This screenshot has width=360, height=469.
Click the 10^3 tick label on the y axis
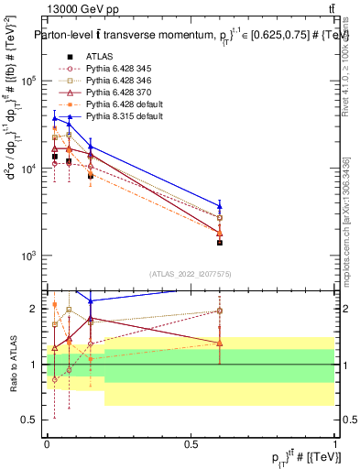[31, 256]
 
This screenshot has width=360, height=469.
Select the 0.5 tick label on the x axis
[191, 443]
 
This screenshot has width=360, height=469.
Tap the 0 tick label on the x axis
[47, 443]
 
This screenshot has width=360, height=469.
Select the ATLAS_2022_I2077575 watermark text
[191, 274]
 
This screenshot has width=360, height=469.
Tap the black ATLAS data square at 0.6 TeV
[220, 243]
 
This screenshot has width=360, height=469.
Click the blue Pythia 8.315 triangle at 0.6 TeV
[220, 205]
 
